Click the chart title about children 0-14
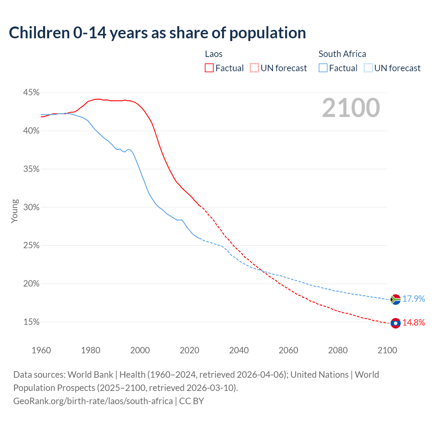157,33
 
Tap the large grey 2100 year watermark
351,108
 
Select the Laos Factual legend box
209,68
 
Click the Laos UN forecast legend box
254,68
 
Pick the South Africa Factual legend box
323,68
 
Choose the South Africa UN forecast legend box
368,68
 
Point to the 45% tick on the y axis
32,93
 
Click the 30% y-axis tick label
32,207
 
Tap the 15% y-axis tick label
32,322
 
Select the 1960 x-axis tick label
41,350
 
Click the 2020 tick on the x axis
190,350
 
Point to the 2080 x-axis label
338,350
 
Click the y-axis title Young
15,211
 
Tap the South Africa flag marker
395,299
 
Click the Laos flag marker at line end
395,323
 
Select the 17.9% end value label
414,299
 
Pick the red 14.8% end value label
414,322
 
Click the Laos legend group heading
214,54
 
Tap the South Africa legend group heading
342,54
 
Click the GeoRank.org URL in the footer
93,401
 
